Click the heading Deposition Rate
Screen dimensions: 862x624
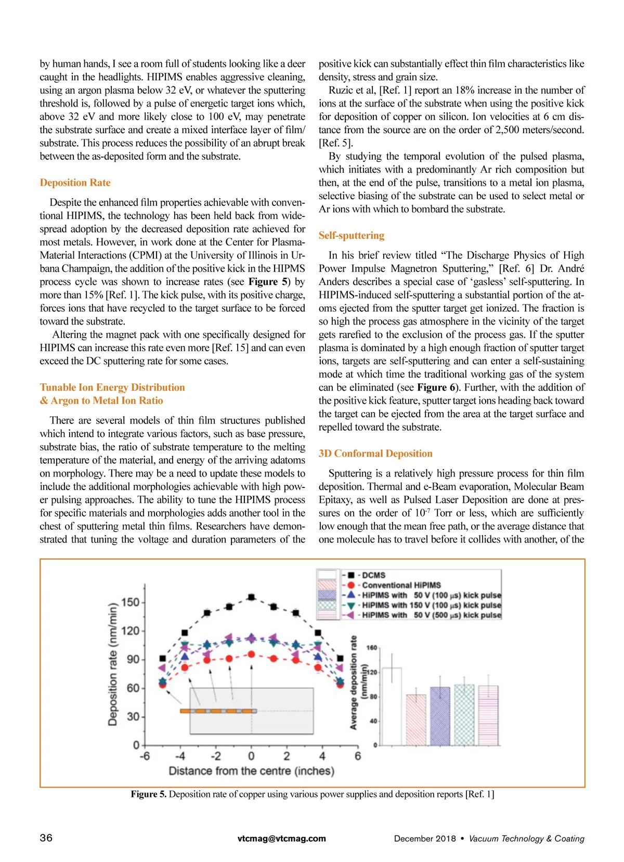[x=75, y=183]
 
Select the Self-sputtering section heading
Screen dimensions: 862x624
[x=351, y=235]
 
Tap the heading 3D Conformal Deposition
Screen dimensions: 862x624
[x=375, y=453]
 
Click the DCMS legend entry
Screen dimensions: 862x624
[x=373, y=575]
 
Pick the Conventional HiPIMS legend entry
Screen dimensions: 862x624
[x=401, y=585]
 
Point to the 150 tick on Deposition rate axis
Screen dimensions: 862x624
[x=130, y=602]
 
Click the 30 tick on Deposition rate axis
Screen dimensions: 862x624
[x=134, y=716]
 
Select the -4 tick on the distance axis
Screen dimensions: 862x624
[x=179, y=755]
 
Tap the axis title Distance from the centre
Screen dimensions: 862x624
[x=251, y=770]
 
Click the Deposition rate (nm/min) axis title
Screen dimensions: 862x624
[x=113, y=664]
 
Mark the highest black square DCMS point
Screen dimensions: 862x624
[x=251, y=597]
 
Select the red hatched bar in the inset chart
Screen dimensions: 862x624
[x=416, y=719]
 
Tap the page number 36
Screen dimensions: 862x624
[x=46, y=838]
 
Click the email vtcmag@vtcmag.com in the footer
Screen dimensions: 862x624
[x=281, y=838]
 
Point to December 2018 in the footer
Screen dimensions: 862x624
[x=424, y=838]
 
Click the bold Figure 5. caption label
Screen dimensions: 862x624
[x=148, y=794]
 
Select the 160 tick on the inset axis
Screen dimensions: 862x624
[x=371, y=648]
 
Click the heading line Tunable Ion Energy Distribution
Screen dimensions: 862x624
[x=112, y=387]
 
